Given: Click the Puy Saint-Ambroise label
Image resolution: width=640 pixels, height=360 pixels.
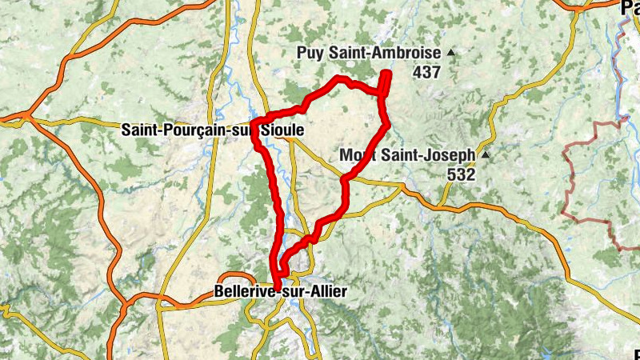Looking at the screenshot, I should [369, 53].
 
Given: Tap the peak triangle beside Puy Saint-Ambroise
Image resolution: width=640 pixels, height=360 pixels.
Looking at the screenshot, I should [450, 53].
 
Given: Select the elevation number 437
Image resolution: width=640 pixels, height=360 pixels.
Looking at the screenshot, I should [427, 72].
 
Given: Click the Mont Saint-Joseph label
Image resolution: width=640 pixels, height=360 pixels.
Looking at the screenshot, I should [407, 154].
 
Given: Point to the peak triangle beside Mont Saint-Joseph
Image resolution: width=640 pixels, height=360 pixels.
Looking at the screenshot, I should [484, 154].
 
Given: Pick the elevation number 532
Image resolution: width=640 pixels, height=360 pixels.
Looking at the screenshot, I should [462, 174].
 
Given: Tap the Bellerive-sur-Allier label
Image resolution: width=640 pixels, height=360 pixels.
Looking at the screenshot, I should [281, 293].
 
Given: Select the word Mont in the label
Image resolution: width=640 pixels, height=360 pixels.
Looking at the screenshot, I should [356, 154].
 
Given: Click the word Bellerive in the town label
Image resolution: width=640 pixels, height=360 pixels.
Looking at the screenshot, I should [244, 293].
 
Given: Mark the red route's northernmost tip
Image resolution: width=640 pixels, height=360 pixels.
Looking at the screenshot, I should [386, 74].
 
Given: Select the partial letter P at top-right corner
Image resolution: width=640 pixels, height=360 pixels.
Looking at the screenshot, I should [628, 8].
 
